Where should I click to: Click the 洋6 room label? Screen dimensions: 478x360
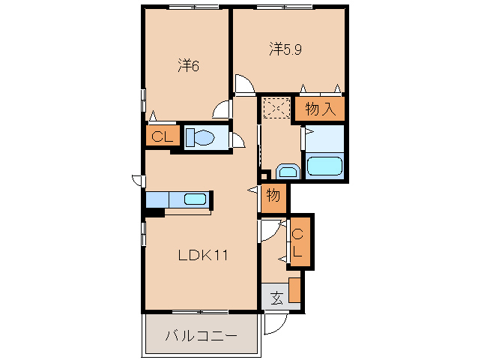click(189, 65)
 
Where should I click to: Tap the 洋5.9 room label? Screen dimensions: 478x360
click(285, 49)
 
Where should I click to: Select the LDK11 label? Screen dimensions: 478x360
click(203, 256)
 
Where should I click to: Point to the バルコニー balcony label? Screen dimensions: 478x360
click(202, 336)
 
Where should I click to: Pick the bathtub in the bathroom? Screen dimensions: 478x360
click(324, 166)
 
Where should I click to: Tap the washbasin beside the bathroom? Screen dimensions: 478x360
click(288, 172)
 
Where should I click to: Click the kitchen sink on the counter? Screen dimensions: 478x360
click(195, 199)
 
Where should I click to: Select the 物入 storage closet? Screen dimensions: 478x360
click(319, 109)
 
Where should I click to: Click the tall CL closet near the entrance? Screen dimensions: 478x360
click(300, 241)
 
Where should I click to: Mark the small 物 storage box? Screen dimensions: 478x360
click(273, 198)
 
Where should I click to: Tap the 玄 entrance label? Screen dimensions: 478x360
click(276, 298)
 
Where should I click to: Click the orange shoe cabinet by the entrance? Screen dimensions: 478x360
click(294, 289)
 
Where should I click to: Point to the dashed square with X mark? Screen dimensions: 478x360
click(277, 108)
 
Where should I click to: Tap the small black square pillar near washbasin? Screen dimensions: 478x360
click(265, 175)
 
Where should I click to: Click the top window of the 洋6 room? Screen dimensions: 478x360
click(194, 7)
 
